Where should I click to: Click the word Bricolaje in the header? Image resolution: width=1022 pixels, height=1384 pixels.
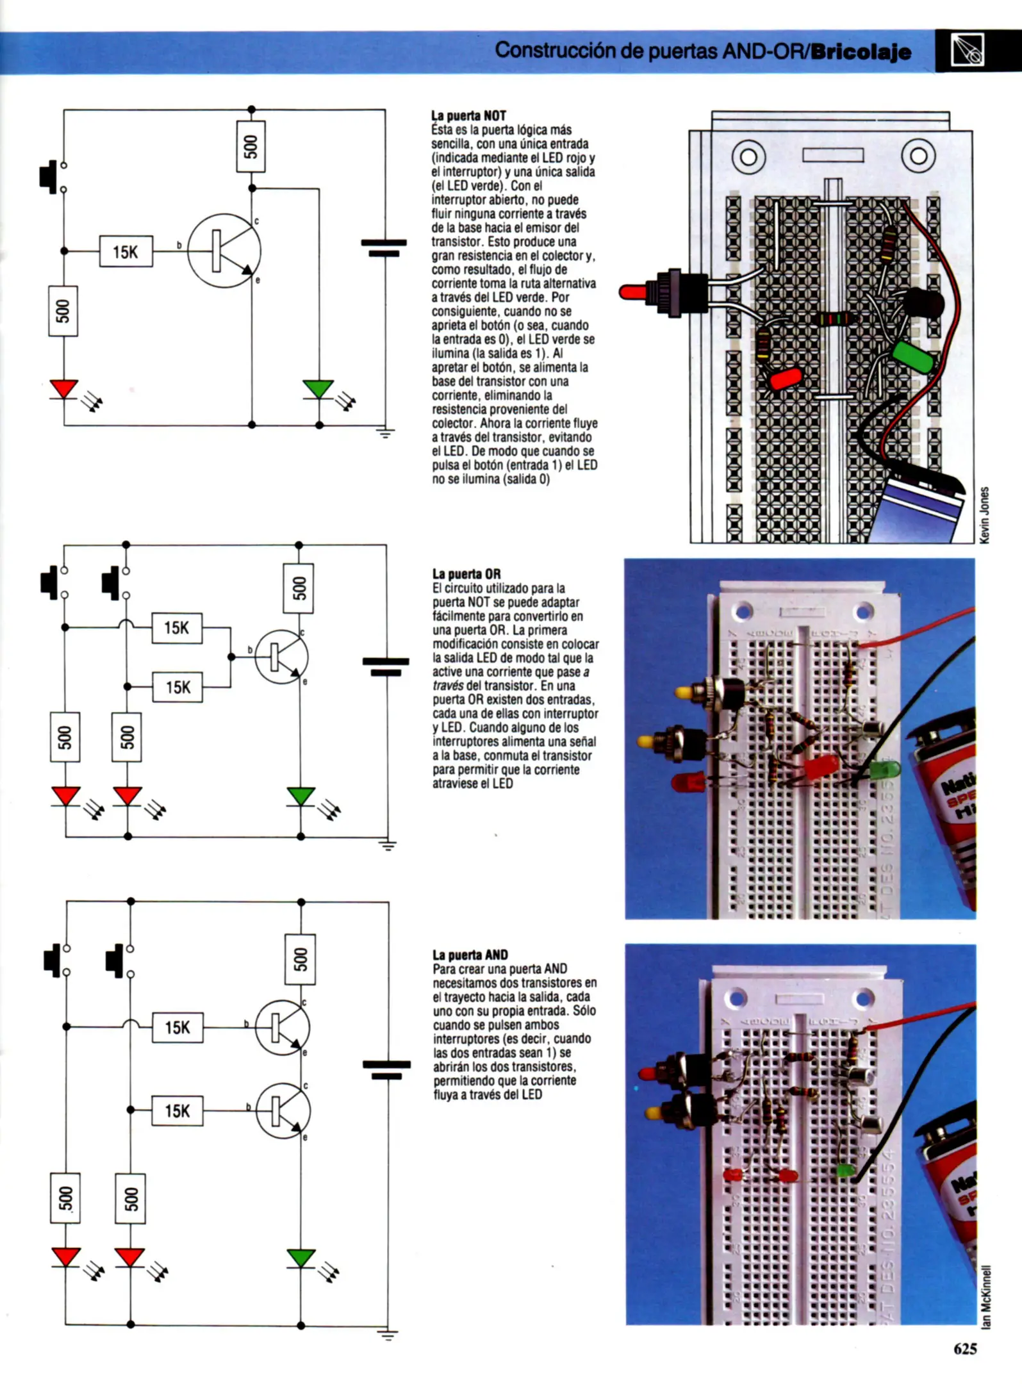[861, 52]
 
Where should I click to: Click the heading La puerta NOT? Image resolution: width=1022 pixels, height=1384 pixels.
[468, 116]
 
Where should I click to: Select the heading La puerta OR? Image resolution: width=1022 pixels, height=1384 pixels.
[466, 573]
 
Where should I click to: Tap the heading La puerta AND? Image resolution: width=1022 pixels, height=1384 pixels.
[470, 955]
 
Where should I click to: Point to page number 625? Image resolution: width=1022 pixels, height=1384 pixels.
[965, 1349]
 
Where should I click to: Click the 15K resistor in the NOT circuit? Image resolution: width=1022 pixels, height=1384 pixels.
[126, 252]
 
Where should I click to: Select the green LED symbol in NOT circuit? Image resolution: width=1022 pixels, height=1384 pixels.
[318, 389]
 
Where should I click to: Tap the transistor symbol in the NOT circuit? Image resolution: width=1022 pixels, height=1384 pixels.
[224, 251]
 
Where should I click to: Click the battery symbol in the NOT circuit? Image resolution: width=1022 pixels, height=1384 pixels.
[384, 248]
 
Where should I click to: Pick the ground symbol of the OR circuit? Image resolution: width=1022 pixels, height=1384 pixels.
[388, 844]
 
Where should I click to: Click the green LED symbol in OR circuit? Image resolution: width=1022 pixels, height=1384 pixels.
[301, 796]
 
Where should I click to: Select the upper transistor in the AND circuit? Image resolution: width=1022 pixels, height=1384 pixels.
[282, 1028]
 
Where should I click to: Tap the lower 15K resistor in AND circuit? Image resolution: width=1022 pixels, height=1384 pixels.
[177, 1110]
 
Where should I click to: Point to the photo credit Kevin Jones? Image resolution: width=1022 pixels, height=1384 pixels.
[985, 515]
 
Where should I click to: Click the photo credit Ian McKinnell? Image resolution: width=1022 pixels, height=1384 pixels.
[986, 1296]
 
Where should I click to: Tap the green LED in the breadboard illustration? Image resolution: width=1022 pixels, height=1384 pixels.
[912, 357]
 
